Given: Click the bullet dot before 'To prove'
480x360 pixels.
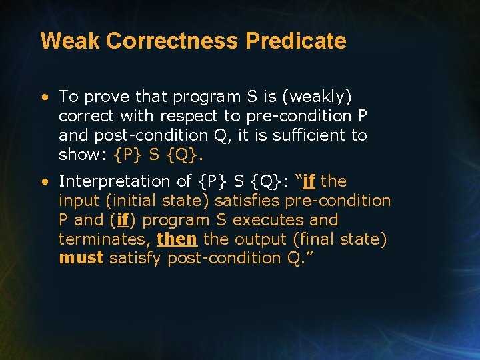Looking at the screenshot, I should (x=44, y=97).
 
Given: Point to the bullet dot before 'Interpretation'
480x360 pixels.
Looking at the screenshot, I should (x=44, y=181).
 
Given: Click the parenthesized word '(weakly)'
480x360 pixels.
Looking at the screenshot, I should (x=317, y=97).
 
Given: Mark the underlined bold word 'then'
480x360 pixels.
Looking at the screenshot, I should (x=177, y=239).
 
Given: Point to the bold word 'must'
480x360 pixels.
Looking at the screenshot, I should (x=81, y=259).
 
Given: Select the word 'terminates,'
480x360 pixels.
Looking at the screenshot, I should (x=104, y=239).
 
